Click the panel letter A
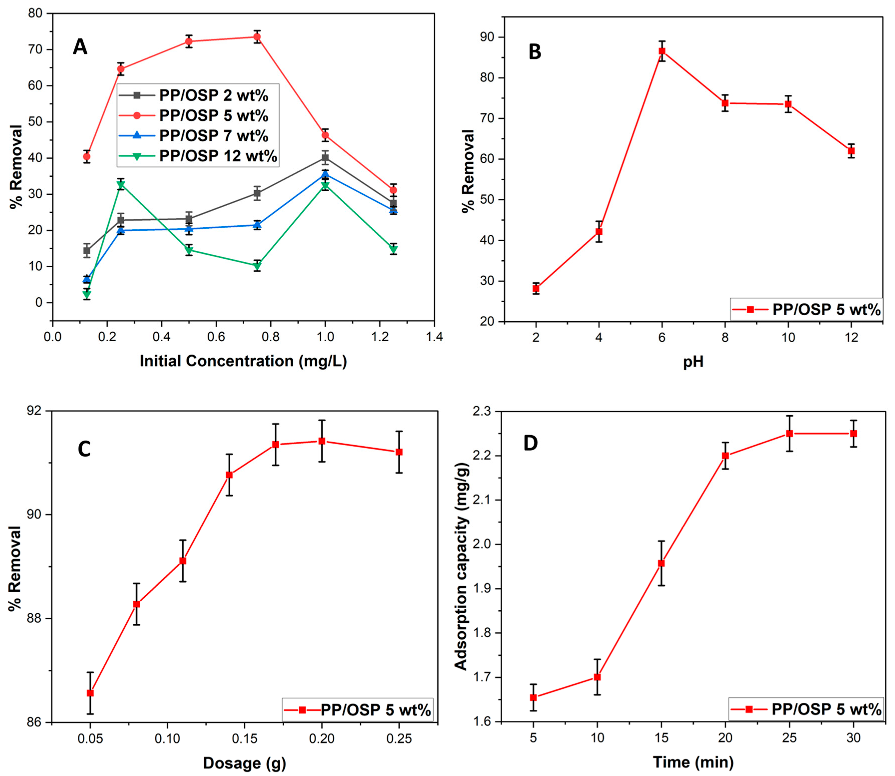80,47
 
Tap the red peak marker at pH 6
662,51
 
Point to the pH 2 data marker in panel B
536,288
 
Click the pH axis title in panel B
693,362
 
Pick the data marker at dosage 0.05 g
90,693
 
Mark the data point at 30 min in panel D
854,433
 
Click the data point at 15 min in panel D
661,563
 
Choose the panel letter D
530,443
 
